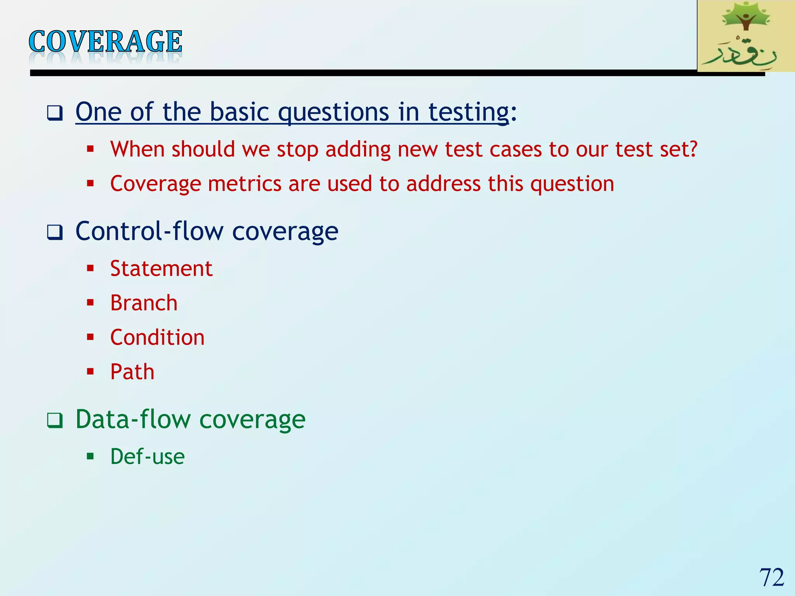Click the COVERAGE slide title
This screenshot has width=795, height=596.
pyautogui.click(x=105, y=42)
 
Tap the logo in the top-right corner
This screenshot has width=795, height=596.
pyautogui.click(x=746, y=36)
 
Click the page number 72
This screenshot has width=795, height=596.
pyautogui.click(x=771, y=577)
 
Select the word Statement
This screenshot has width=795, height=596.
pyautogui.click(x=161, y=269)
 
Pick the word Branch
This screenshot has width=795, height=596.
pyautogui.click(x=144, y=303)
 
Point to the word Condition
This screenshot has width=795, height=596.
pyautogui.click(x=157, y=337)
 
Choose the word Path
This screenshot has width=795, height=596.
pyautogui.click(x=132, y=372)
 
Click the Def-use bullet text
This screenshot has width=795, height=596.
pyautogui.click(x=147, y=456)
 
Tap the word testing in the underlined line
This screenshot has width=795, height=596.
pyautogui.click(x=469, y=113)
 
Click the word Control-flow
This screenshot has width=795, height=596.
pyautogui.click(x=149, y=231)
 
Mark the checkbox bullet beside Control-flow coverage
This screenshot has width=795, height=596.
pyautogui.click(x=55, y=232)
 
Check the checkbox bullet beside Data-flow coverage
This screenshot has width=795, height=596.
pyautogui.click(x=55, y=421)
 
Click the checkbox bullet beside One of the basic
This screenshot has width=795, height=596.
pyautogui.click(x=55, y=113)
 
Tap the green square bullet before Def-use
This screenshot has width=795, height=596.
pyautogui.click(x=90, y=456)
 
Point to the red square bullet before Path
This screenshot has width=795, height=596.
pyautogui.click(x=90, y=371)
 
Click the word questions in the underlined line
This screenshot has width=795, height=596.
pyautogui.click(x=333, y=113)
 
